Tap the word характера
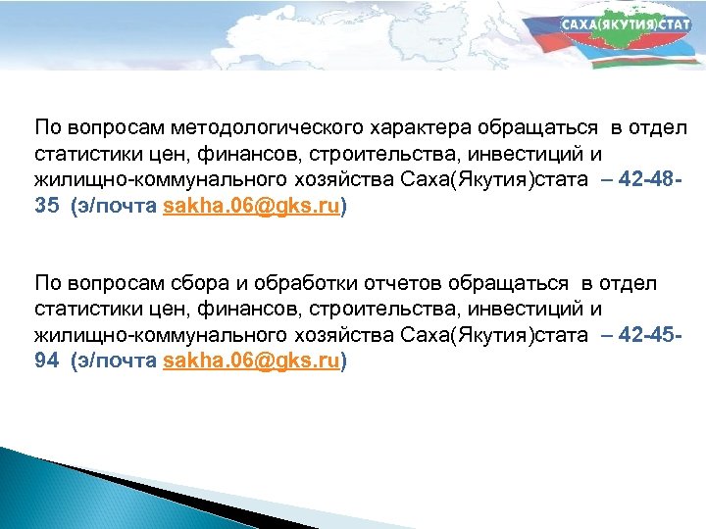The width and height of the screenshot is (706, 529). [x=429, y=129]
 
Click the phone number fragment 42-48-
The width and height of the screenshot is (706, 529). [x=655, y=181]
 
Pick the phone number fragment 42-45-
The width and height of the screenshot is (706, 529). [x=655, y=336]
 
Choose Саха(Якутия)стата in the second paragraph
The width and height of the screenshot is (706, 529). [x=495, y=336]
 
